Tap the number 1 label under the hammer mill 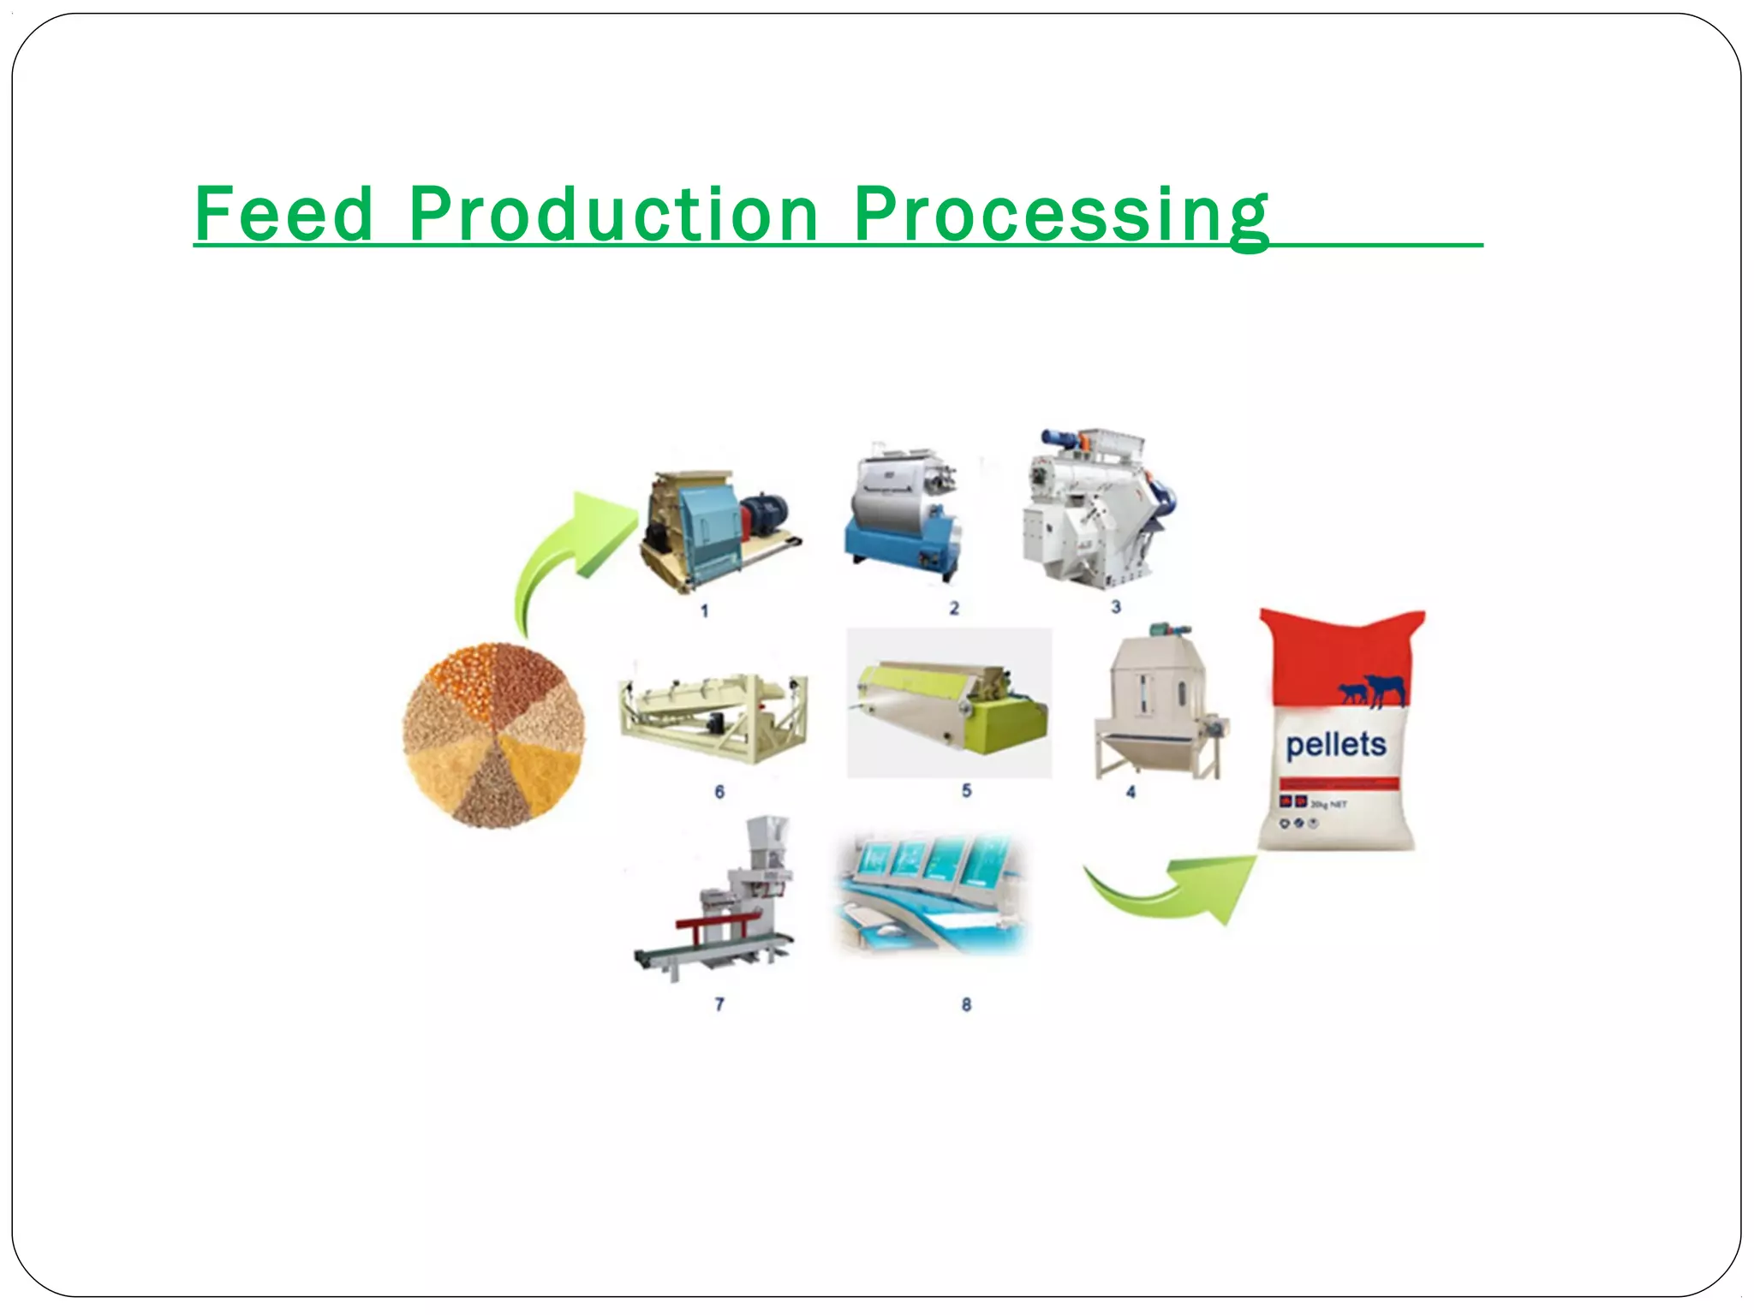704,611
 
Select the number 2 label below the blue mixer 954,608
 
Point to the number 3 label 1116,606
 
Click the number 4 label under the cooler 1131,792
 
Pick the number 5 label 966,790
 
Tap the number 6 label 719,792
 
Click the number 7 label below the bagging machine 719,1003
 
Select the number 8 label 966,1004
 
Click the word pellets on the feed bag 1335,745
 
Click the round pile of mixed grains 494,735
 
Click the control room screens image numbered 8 930,892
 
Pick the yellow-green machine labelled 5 949,705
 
